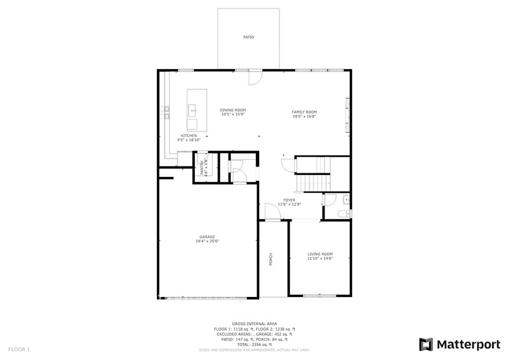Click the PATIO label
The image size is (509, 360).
(x=248, y=37)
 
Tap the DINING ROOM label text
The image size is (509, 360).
(x=233, y=110)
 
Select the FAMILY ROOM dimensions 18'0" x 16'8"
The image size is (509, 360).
(x=304, y=116)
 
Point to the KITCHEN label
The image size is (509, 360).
(x=189, y=135)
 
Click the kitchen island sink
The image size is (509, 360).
(x=192, y=111)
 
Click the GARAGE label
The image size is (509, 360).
(x=207, y=237)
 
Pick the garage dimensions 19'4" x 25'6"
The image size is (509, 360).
(x=207, y=241)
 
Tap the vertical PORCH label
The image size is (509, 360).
(x=271, y=259)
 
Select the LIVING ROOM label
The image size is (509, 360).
(x=320, y=253)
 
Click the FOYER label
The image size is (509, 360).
(x=289, y=200)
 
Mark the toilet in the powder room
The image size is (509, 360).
(x=344, y=213)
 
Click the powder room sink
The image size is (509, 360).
(x=347, y=200)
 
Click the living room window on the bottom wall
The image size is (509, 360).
(x=319, y=296)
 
